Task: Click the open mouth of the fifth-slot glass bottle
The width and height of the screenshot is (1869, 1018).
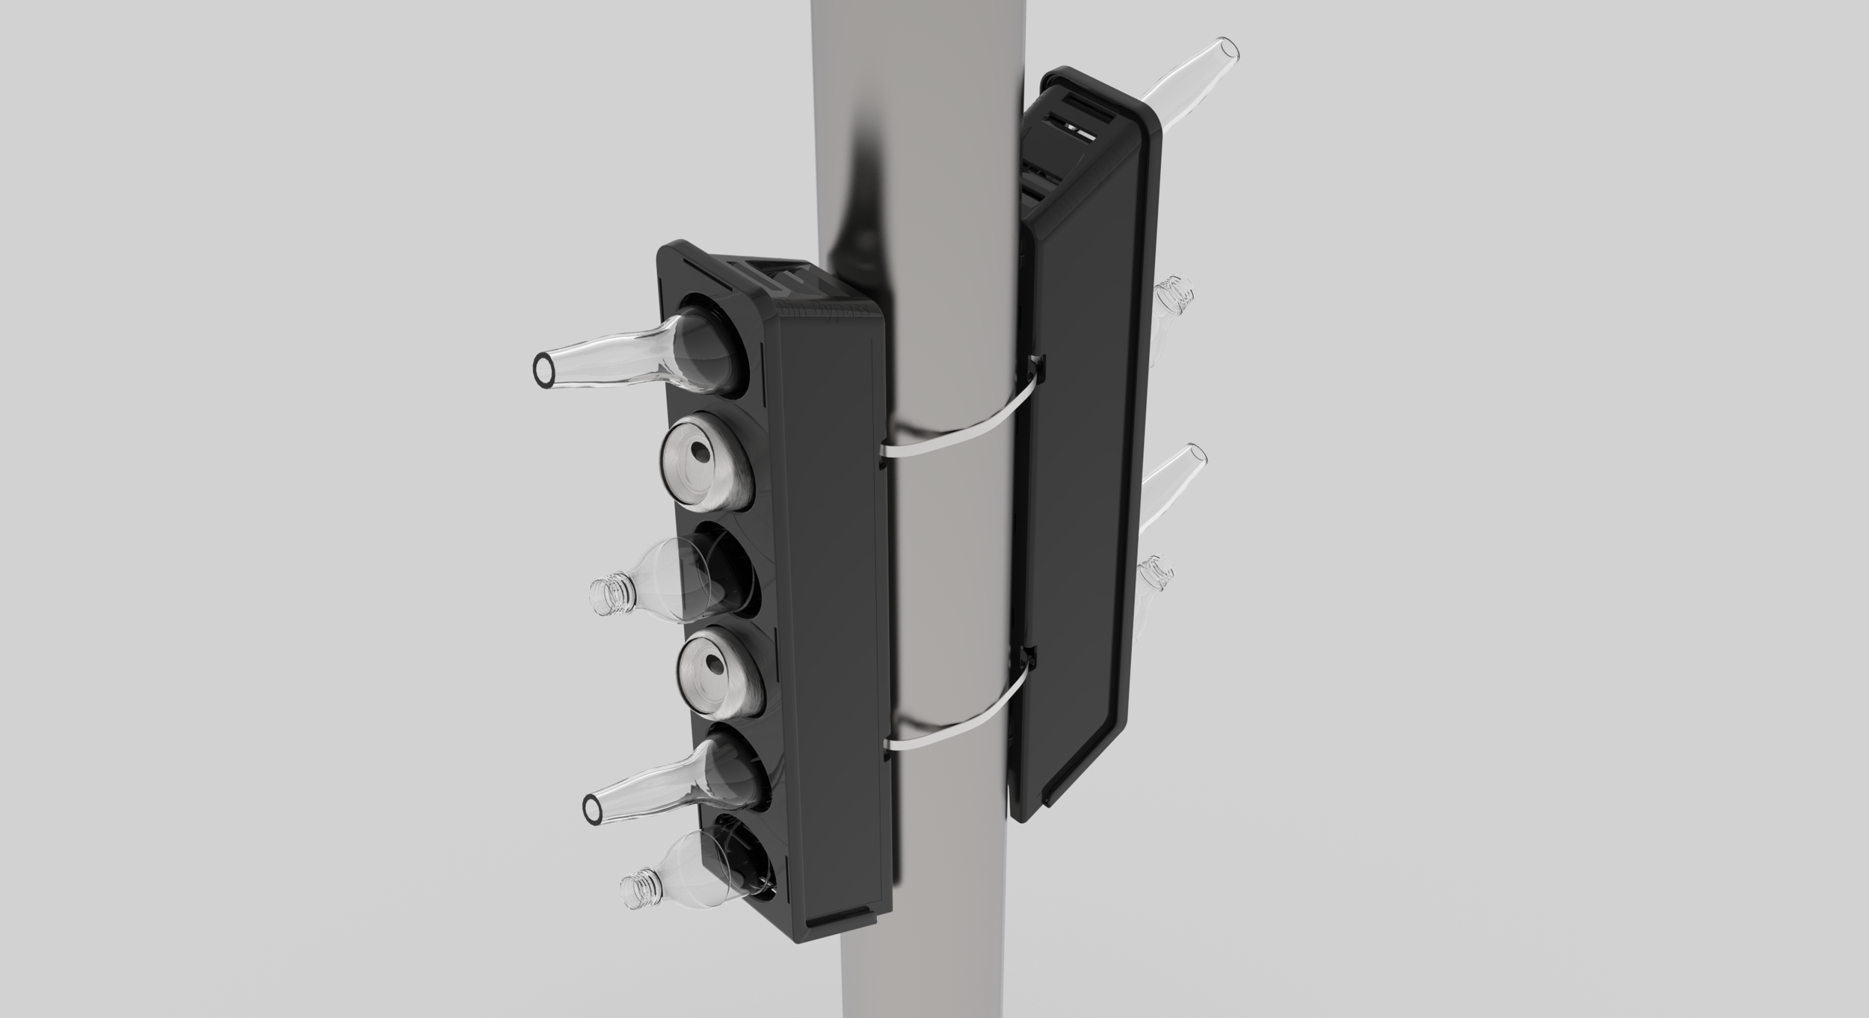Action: tap(591, 806)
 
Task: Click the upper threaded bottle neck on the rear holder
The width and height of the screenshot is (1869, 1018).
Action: tap(1174, 293)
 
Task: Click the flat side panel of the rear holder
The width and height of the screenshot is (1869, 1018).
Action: tap(1080, 486)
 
